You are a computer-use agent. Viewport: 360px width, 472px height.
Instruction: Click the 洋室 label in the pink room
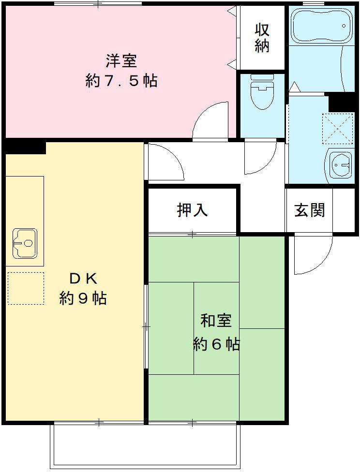pyautogui.click(x=121, y=61)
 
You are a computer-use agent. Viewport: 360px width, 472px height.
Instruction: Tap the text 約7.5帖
pyautogui.click(x=121, y=81)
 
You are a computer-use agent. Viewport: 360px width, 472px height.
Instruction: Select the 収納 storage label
pyautogui.click(x=262, y=38)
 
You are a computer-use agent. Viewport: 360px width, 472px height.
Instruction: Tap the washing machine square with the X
pyautogui.click(x=338, y=128)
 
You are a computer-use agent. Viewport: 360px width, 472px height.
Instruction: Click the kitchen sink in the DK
pyautogui.click(x=25, y=243)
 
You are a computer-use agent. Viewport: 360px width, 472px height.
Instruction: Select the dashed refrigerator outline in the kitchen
pyautogui.click(x=26, y=288)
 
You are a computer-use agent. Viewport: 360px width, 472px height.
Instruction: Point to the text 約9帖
pyautogui.click(x=83, y=298)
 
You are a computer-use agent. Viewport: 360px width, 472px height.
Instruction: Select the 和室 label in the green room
pyautogui.click(x=216, y=321)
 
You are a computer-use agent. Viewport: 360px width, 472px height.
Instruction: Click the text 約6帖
pyautogui.click(x=216, y=344)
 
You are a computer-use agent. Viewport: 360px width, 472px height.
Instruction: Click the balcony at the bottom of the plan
pyautogui.click(x=145, y=445)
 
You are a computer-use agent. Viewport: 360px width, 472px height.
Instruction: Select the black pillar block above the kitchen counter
pyautogui.click(x=25, y=147)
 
